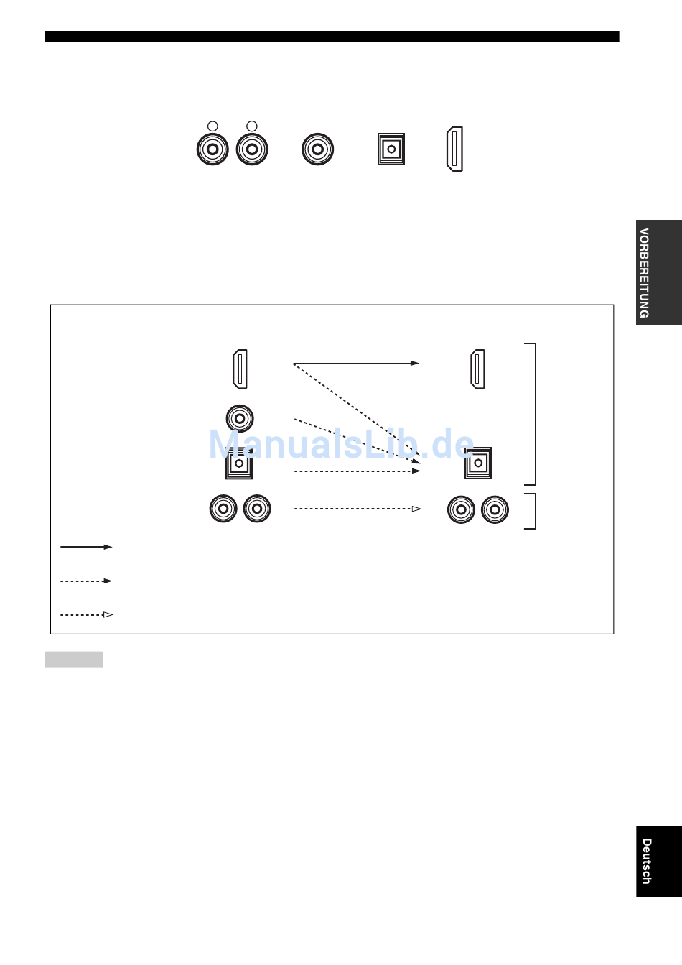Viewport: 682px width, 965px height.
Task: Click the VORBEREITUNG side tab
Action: click(659, 273)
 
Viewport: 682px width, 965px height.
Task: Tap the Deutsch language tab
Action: click(659, 862)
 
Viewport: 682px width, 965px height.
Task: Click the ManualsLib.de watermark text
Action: click(341, 444)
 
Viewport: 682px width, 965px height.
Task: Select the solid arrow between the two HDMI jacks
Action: click(356, 364)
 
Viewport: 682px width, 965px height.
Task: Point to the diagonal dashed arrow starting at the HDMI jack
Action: click(357, 414)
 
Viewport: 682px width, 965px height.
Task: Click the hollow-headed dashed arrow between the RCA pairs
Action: click(358, 509)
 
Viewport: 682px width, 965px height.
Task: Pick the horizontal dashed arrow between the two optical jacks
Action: click(358, 471)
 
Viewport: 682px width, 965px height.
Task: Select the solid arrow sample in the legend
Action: click(86, 547)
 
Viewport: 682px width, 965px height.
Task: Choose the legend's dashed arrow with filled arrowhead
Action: click(86, 581)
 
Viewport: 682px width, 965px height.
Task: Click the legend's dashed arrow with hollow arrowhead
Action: click(86, 615)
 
